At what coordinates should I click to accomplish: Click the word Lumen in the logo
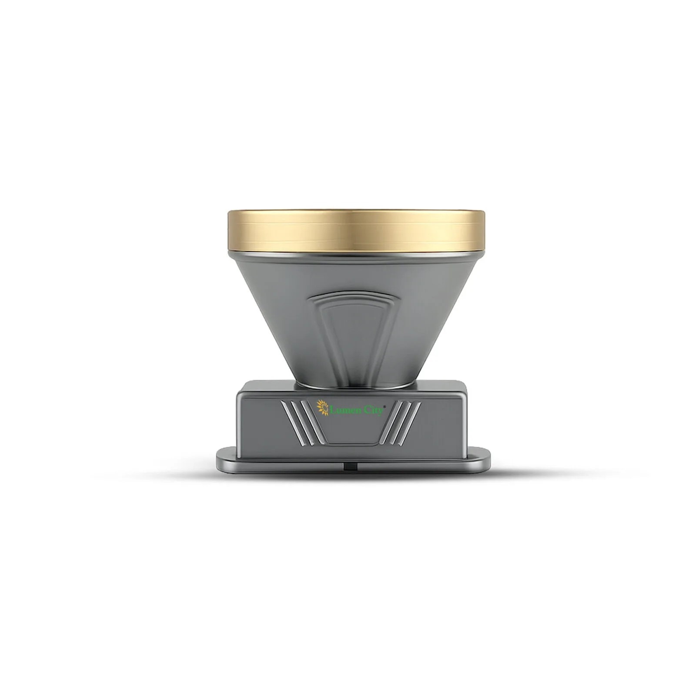coord(342,409)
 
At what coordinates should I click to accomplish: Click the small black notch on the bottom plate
coord(350,466)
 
